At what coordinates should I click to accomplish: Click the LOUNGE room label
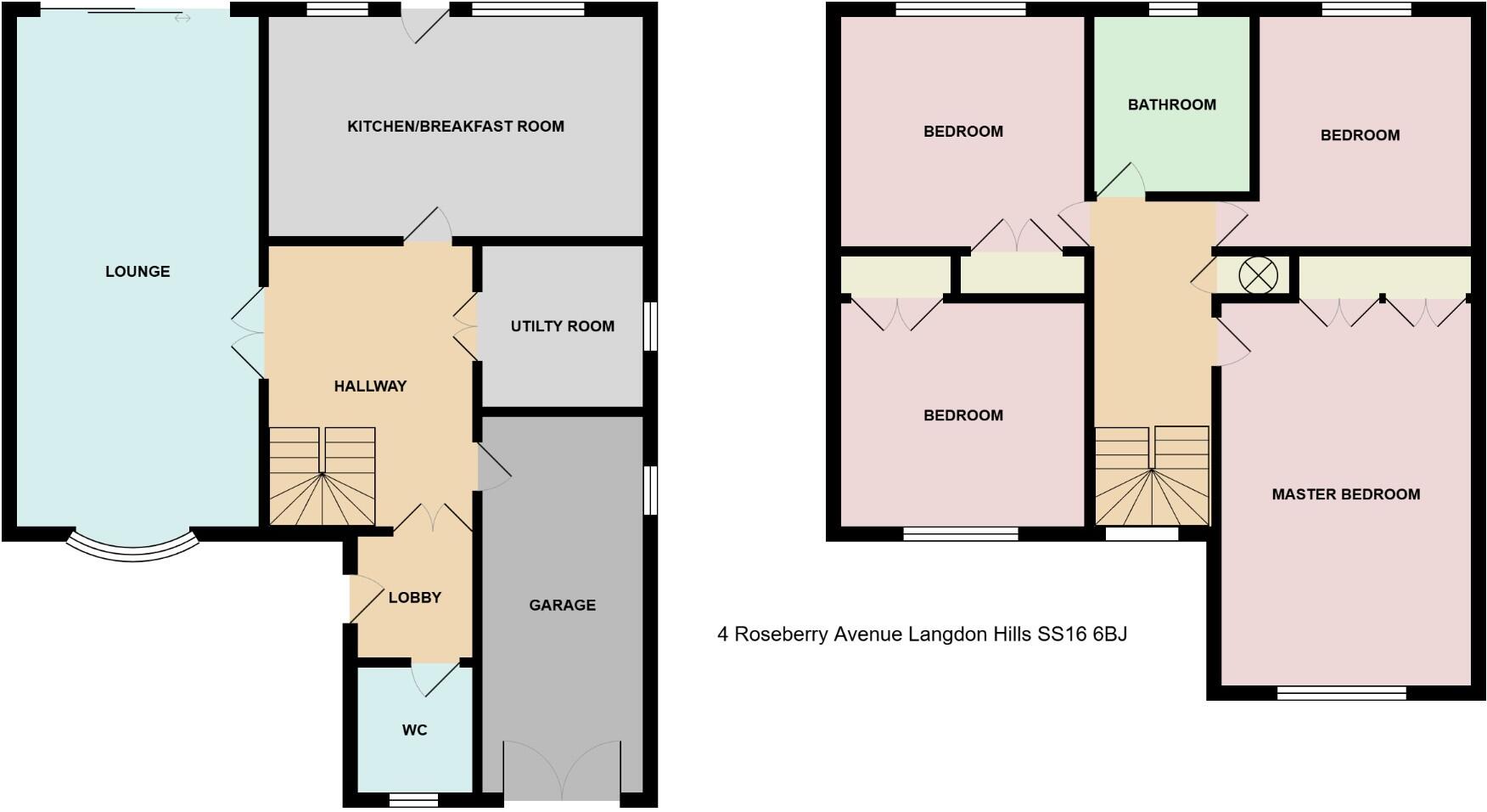[137, 272]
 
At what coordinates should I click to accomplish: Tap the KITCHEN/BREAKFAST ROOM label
[455, 127]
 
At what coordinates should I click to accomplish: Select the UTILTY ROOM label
[562, 326]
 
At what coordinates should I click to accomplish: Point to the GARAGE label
[562, 606]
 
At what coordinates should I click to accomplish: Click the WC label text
[414, 730]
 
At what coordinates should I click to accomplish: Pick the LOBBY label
[414, 598]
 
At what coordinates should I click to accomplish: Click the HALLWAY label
[370, 386]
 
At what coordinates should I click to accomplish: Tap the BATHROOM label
[1171, 105]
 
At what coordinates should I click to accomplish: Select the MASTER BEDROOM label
[1345, 494]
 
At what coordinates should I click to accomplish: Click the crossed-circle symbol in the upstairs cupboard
[1258, 276]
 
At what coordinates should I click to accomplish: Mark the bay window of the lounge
[132, 548]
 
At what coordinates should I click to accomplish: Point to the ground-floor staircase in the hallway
[323, 476]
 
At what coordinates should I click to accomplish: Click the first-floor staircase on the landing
[1152, 476]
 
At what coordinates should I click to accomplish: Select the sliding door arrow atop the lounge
[182, 18]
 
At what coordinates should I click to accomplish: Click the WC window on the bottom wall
[413, 800]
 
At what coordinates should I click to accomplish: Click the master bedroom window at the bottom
[1341, 693]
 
